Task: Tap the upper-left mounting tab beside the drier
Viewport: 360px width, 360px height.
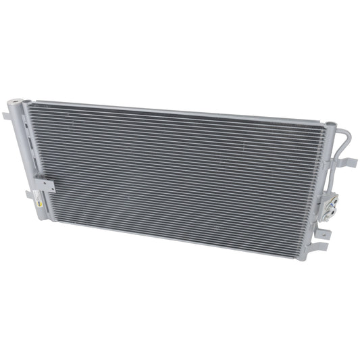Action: tap(5, 116)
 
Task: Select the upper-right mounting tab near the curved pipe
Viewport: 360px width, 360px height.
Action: tap(349, 163)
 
